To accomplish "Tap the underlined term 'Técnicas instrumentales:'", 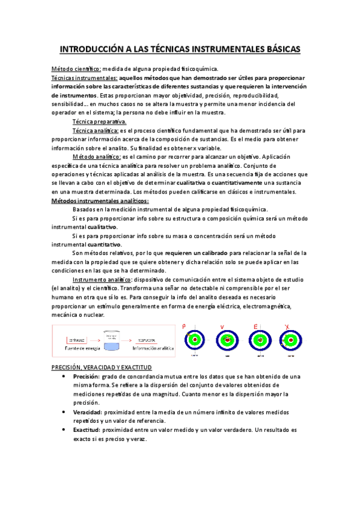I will tap(84, 78).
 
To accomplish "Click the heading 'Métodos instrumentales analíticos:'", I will tap(100, 200).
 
